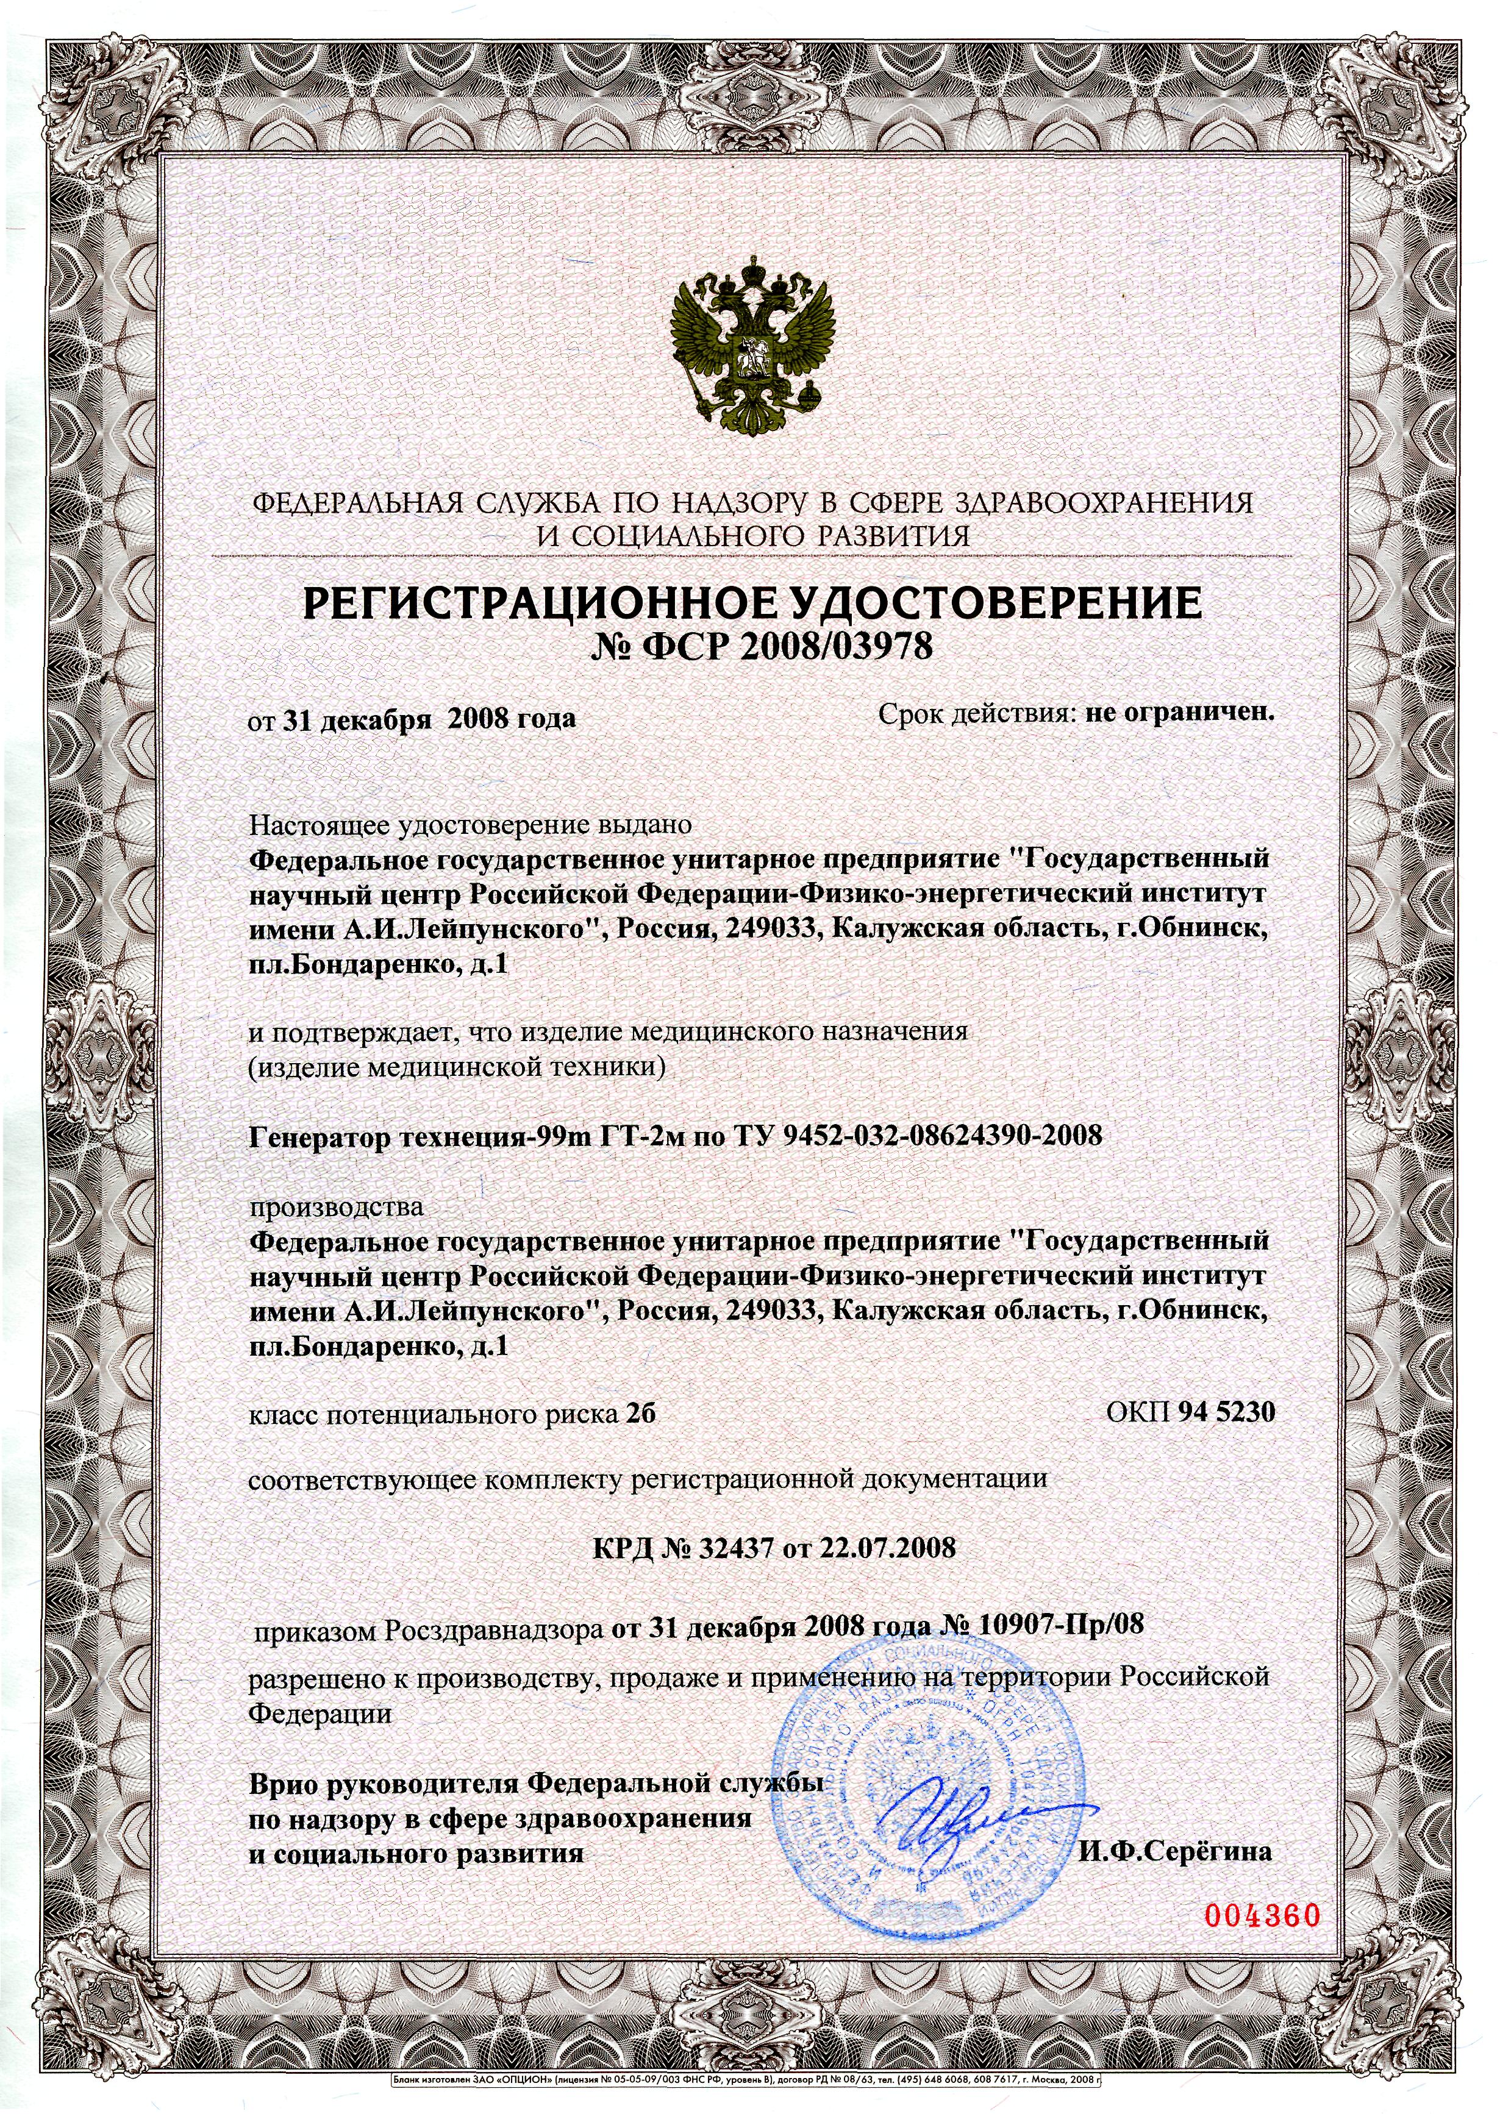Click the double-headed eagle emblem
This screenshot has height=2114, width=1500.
click(750, 350)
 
